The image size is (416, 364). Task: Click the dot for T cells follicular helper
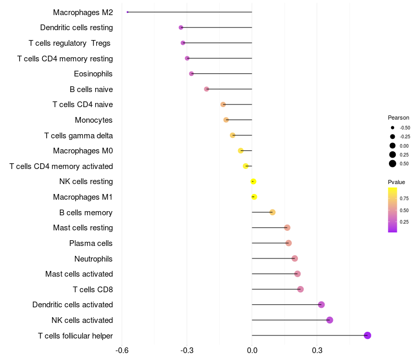[x=368, y=335]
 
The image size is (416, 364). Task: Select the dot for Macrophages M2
[x=127, y=12]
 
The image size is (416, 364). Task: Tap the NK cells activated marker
[x=330, y=320]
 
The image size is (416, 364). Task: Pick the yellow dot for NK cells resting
[x=253, y=181]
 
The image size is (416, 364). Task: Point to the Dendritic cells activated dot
[x=321, y=305]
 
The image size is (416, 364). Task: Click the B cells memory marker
[x=272, y=212]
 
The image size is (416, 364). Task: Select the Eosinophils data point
[x=191, y=74]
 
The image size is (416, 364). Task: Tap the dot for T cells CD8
[x=301, y=289]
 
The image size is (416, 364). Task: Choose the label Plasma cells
[x=91, y=243]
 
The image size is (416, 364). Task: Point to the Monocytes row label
[x=94, y=120]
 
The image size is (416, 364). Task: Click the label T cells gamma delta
[x=79, y=136]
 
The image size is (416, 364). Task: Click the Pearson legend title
[x=398, y=118]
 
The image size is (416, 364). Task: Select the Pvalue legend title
[x=396, y=182]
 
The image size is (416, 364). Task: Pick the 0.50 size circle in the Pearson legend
[x=393, y=164]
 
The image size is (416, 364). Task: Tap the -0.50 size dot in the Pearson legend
[x=393, y=127]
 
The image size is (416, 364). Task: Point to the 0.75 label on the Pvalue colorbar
[x=404, y=198]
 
